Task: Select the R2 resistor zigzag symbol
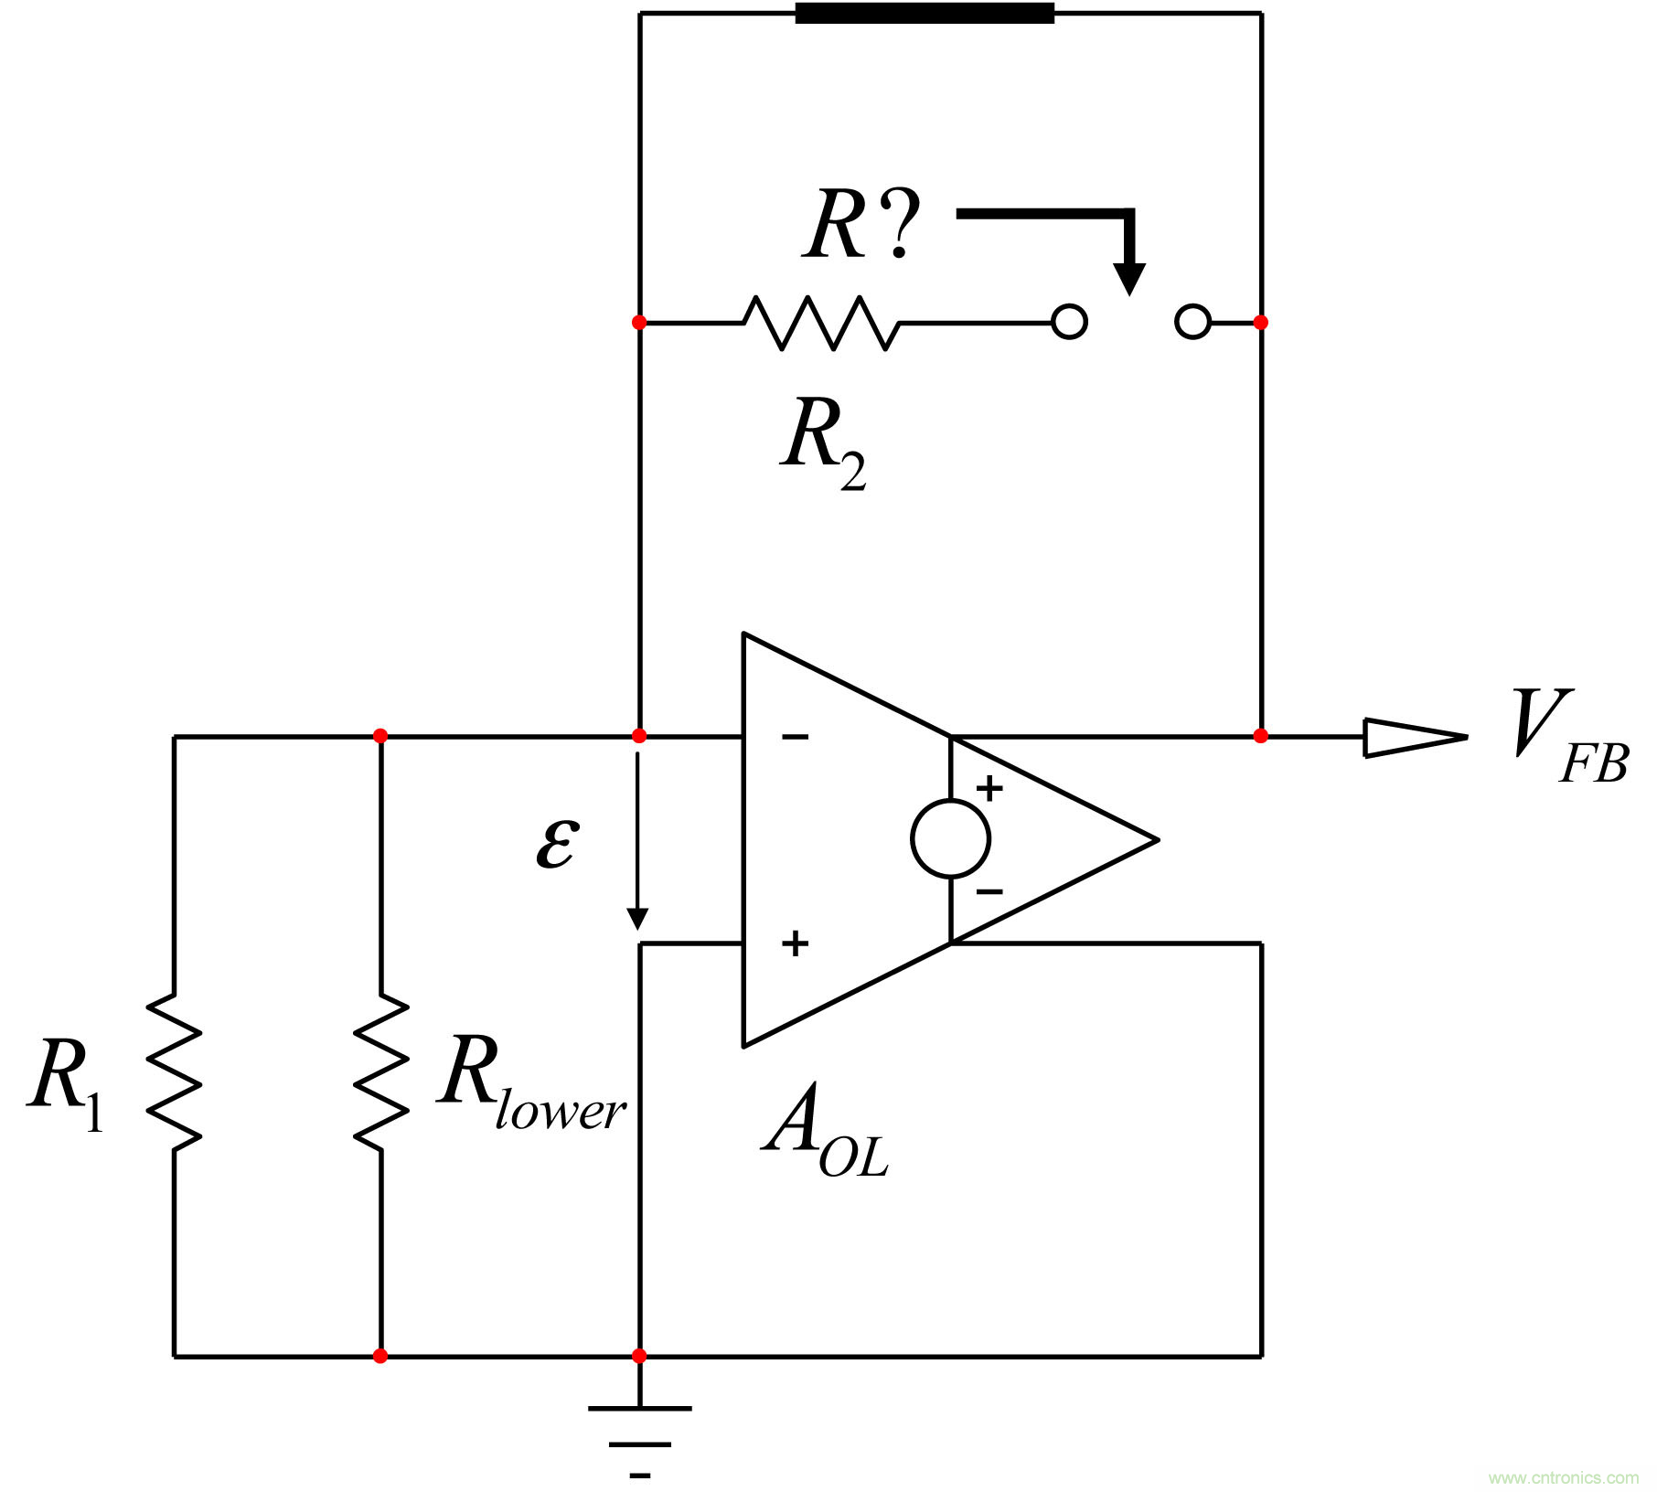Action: click(821, 323)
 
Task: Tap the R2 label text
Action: click(823, 442)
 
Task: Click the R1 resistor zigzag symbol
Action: click(174, 1071)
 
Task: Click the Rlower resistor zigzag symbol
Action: click(380, 1071)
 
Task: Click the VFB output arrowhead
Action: click(1414, 737)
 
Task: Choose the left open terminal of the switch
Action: click(1069, 323)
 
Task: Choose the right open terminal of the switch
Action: click(1192, 323)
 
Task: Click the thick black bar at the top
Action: click(924, 14)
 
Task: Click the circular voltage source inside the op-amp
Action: click(950, 838)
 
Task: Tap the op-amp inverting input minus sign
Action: click(795, 737)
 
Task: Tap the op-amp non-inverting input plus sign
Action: click(795, 943)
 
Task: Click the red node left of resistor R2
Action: click(639, 323)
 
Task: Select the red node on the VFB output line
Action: click(1261, 736)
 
